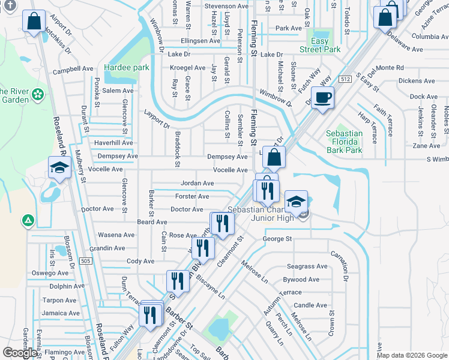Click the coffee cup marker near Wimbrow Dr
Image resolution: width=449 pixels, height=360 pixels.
pyautogui.click(x=323, y=97)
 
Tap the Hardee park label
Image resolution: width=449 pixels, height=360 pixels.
pyautogui.click(x=126, y=68)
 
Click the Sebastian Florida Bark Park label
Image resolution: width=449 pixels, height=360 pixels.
pyautogui.click(x=344, y=142)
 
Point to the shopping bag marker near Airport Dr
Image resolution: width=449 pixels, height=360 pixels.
pyautogui.click(x=34, y=21)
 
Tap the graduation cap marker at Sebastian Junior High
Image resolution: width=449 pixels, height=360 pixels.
pyautogui.click(x=295, y=202)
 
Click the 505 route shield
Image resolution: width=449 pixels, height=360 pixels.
pyautogui.click(x=86, y=261)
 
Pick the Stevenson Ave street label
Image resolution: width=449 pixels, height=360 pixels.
pyautogui.click(x=226, y=6)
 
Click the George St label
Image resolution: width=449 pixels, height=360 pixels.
pyautogui.click(x=277, y=239)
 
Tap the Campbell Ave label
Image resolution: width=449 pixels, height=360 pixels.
pyautogui.click(x=73, y=70)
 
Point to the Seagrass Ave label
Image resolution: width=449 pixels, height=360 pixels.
pyautogui.click(x=307, y=266)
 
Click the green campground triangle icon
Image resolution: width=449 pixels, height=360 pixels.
pyautogui.click(x=27, y=221)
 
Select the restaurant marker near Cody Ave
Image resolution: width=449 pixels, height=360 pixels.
pyautogui.click(x=203, y=247)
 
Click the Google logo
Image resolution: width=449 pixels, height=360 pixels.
pyautogui.click(x=20, y=353)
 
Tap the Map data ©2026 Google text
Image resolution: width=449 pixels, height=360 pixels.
pyautogui.click(x=412, y=355)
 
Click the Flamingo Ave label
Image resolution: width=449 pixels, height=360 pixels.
pyautogui.click(x=64, y=352)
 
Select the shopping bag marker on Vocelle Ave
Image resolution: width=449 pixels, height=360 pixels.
pyautogui.click(x=274, y=158)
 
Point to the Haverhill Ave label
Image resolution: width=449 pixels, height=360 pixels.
pyautogui.click(x=113, y=143)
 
